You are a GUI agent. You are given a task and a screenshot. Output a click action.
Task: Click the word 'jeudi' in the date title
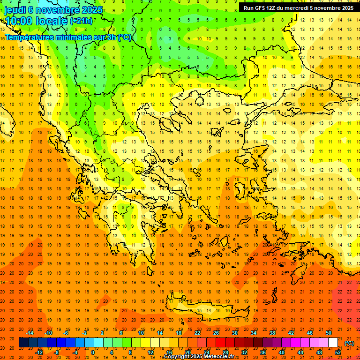pos(15,10)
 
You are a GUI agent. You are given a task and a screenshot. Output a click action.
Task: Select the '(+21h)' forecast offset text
pos(82,22)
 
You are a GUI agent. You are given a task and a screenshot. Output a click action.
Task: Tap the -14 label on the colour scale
pos(31,333)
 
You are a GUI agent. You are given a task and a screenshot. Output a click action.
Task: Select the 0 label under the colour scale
pos(92,352)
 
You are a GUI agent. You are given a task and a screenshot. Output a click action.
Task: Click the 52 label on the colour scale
pos(338,352)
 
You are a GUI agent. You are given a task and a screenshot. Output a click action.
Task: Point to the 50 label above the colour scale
pos(328,333)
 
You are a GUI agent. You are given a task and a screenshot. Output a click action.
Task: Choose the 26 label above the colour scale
pos(216,333)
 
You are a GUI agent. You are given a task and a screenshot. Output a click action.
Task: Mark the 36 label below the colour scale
pos(262,352)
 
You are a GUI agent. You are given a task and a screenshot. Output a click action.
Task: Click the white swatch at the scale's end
pos(333,343)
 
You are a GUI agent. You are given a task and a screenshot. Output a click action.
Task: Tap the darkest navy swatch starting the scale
pos(23,343)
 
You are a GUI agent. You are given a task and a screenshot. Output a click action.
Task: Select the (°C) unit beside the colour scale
pos(349,343)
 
